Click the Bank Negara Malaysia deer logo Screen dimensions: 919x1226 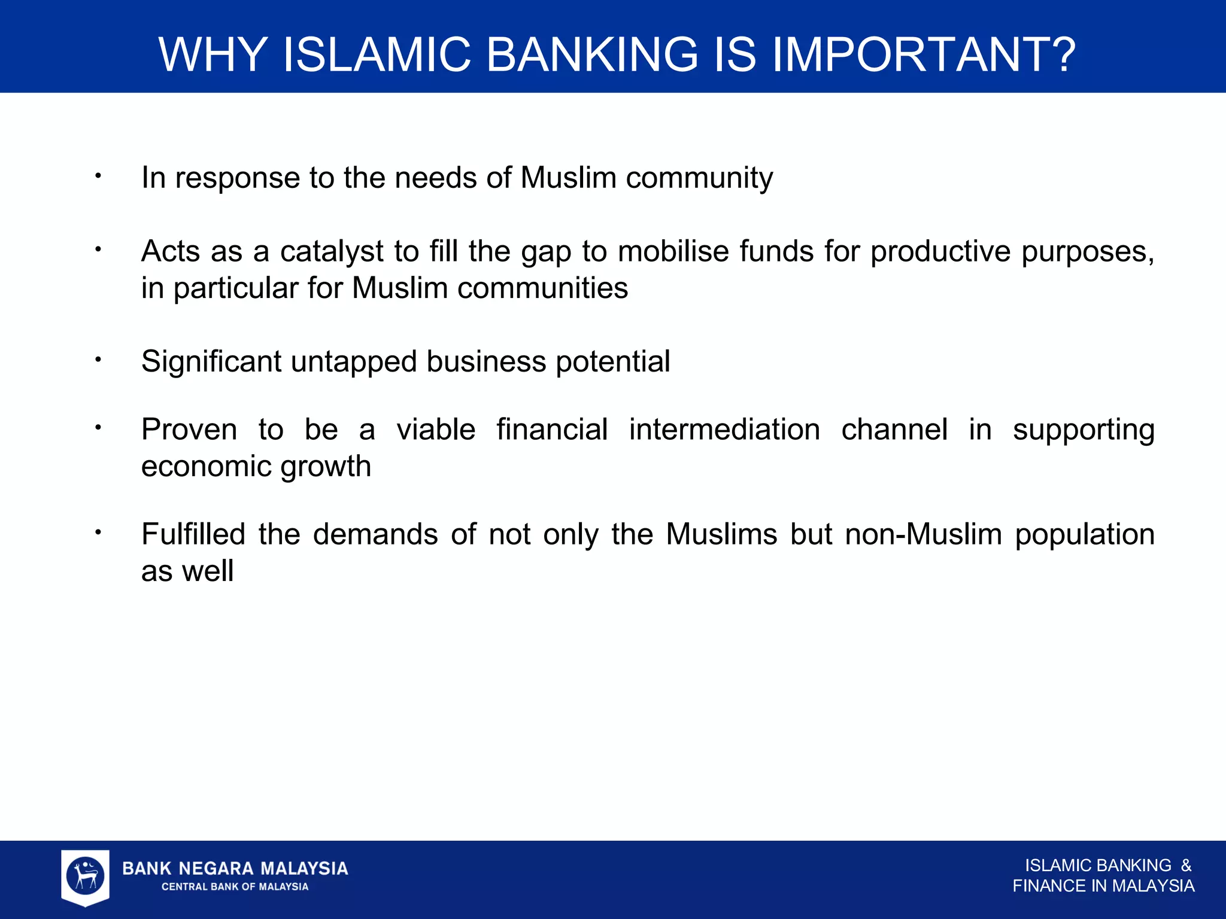tap(86, 877)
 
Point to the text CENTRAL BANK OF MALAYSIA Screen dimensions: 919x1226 tap(235, 887)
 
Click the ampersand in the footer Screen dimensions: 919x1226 tap(1186, 866)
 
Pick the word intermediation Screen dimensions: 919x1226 tap(724, 430)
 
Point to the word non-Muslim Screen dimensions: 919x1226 tap(923, 534)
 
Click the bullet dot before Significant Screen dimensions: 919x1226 tap(98, 360)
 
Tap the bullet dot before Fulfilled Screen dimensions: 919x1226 tap(98, 532)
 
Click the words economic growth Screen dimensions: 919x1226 tap(256, 467)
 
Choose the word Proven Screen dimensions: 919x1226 tap(189, 430)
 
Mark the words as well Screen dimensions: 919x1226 tap(187, 571)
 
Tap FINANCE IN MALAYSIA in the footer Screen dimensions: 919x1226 tap(1103, 886)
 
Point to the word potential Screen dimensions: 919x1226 tap(612, 362)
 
